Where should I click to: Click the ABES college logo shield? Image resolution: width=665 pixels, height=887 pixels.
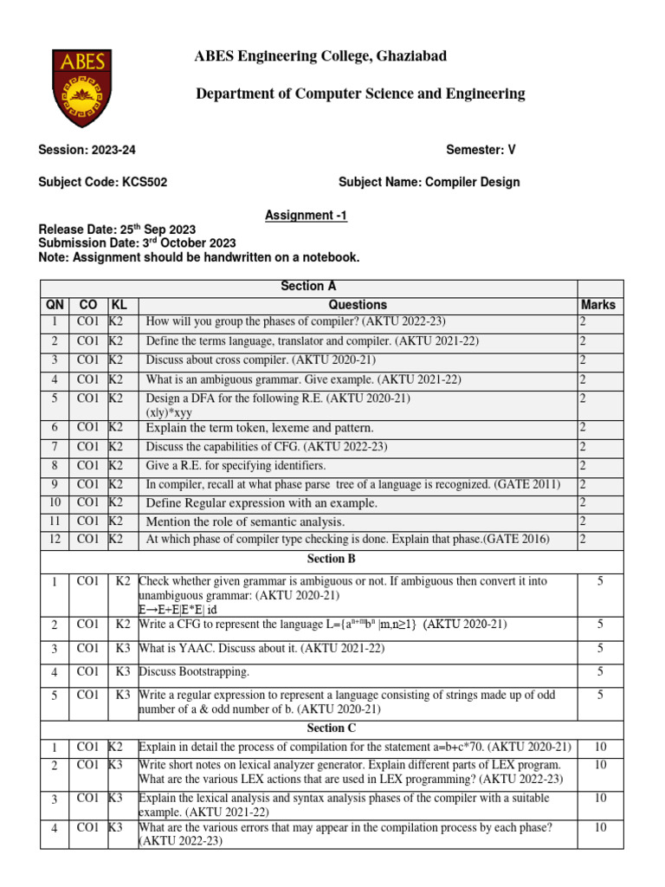[82, 87]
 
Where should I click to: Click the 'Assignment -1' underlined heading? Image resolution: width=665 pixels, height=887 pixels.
[306, 216]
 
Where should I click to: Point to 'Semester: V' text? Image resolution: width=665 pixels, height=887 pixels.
[481, 149]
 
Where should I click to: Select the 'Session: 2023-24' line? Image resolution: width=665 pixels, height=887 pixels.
[87, 149]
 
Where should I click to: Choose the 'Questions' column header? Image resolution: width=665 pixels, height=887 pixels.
[358, 305]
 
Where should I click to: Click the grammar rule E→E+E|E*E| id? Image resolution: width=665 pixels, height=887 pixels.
[178, 610]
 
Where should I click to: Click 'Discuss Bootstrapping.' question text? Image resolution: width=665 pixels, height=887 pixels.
[194, 671]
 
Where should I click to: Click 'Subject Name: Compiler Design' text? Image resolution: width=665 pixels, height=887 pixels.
[429, 182]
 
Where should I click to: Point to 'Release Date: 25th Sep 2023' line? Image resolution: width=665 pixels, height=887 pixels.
[117, 230]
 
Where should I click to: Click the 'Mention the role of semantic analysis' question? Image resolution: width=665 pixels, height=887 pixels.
[245, 521]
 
